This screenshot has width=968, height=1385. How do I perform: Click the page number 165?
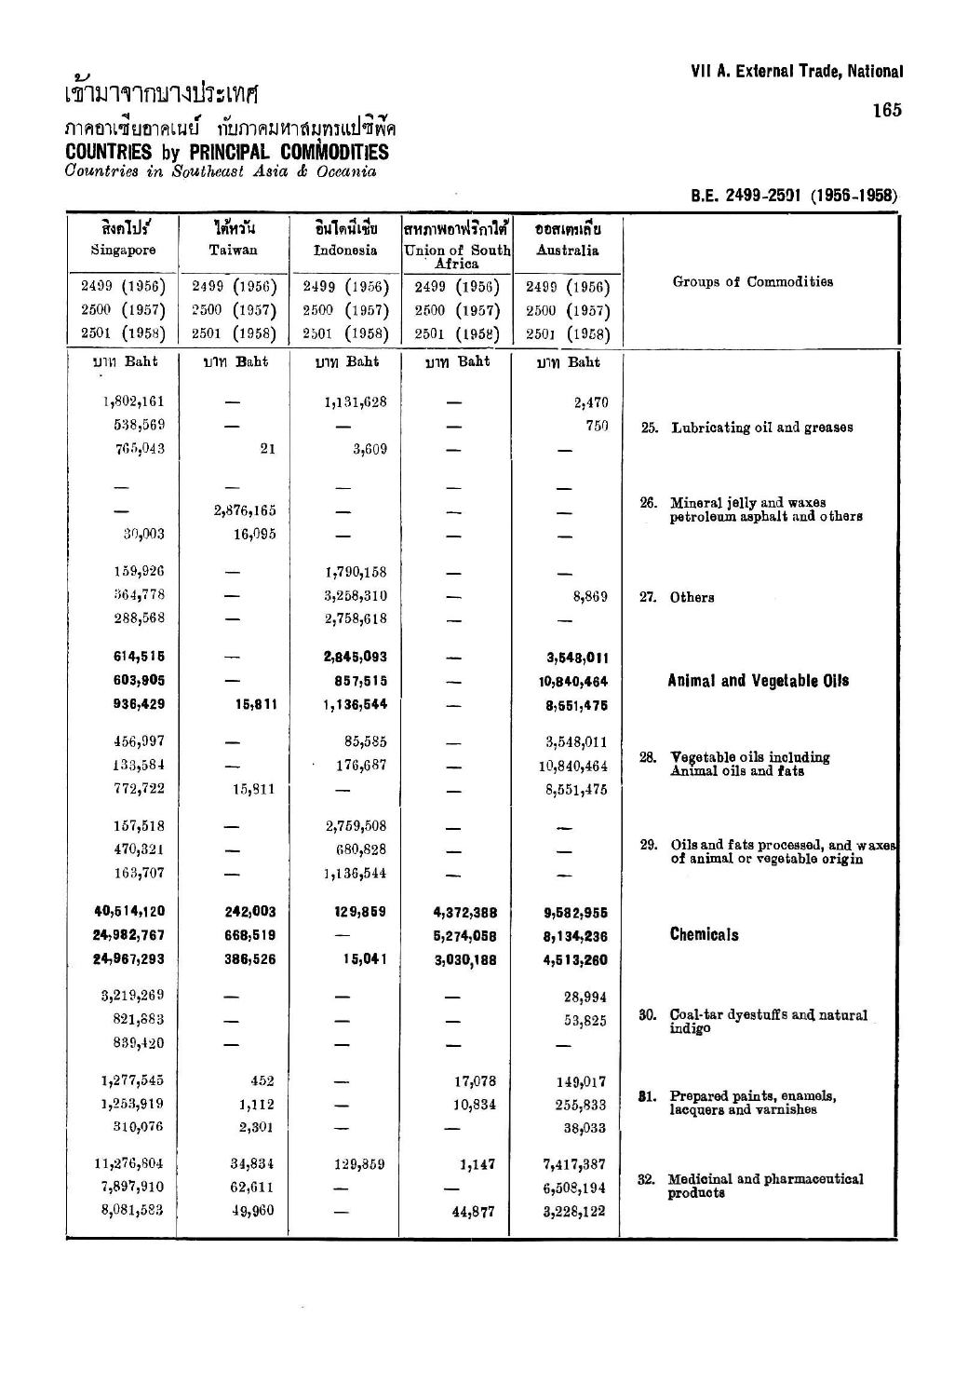click(x=887, y=110)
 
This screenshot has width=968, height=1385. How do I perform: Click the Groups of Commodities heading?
click(x=753, y=281)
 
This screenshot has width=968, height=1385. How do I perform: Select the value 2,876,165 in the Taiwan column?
click(x=245, y=510)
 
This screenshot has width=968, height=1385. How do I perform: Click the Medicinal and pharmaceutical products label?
click(x=766, y=1186)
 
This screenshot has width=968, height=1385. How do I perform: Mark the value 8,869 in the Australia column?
click(x=588, y=596)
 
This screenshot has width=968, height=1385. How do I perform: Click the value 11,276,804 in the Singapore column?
click(x=129, y=1163)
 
